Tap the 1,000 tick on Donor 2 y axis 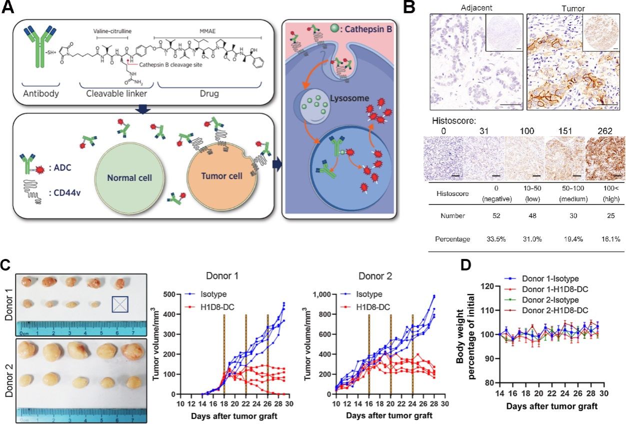[321, 294]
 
